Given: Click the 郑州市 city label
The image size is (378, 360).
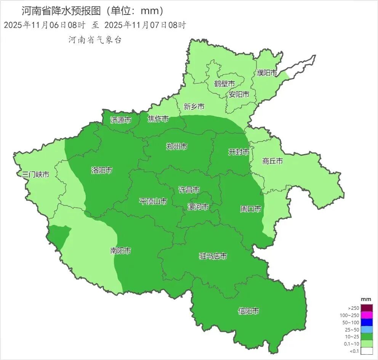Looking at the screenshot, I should pos(177,146).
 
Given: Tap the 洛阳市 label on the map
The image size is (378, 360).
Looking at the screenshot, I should pos(102,170).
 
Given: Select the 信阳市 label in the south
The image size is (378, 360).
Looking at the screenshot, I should pos(248,311).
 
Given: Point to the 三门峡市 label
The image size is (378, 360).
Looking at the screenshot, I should pos(35,175).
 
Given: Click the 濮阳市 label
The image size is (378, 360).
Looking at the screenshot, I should pos(267,73).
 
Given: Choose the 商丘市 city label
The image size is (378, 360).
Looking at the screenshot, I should pos(272,161).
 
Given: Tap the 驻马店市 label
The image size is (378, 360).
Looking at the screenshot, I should pos(213,256).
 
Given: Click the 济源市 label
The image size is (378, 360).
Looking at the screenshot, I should pos(120,120).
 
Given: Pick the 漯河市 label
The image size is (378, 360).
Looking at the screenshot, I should pos(198,207).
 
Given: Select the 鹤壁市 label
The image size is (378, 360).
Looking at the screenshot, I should pos(224,83).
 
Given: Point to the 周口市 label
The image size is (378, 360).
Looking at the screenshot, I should pos(250,209).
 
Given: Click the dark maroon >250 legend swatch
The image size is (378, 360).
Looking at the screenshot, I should pos(367,308).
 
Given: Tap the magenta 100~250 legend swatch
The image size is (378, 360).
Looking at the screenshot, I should pos(367,315).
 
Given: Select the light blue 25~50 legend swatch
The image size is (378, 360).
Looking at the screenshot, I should pos(367,330).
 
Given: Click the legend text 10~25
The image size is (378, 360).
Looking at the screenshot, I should pos(353,337).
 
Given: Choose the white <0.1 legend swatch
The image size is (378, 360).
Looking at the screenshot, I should pos(367,351).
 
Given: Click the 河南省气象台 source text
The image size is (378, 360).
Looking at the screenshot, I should pos(95,40).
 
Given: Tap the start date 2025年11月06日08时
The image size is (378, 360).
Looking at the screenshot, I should pos(44,25).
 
